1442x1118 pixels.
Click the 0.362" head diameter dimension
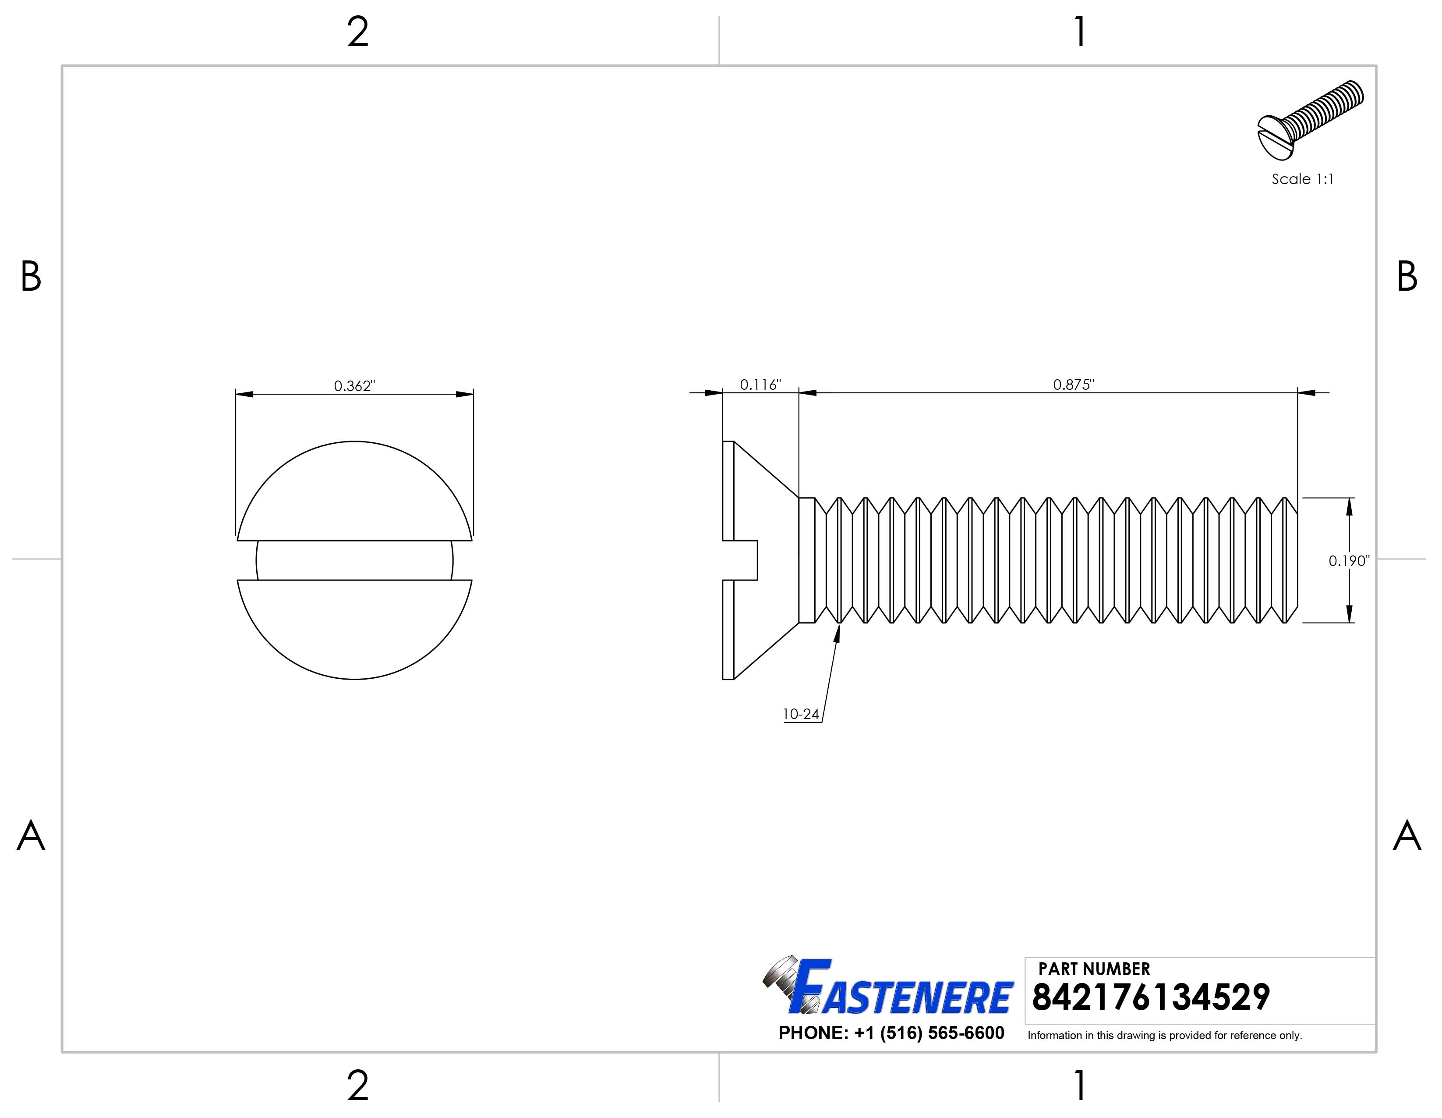(354, 386)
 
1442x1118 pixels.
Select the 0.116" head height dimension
(760, 385)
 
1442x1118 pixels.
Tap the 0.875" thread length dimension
(1073, 385)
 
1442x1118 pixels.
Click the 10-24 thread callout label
(800, 714)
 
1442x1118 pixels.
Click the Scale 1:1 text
(1302, 179)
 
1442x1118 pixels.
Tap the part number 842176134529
(1150, 998)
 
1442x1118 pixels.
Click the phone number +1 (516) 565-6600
(928, 1033)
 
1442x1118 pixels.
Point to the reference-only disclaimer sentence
(1164, 1036)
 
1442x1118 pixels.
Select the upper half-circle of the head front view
(354, 492)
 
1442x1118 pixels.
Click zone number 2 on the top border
(357, 32)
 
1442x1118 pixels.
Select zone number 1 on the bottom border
(1079, 1085)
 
